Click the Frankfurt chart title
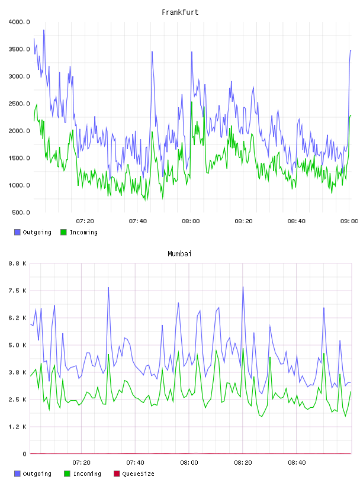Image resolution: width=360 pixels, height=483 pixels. click(180, 12)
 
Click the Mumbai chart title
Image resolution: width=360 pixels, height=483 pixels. click(179, 254)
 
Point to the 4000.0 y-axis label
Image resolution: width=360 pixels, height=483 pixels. click(19, 22)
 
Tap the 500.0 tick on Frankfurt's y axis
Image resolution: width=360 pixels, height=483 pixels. click(21, 212)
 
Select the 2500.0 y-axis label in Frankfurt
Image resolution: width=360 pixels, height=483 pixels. click(19, 104)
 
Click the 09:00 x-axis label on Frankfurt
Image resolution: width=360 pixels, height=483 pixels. click(349, 221)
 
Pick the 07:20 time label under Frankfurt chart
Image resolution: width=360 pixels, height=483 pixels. click(85, 221)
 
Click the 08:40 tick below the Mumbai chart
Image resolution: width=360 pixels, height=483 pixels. click(297, 463)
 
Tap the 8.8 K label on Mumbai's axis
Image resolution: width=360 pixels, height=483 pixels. click(18, 263)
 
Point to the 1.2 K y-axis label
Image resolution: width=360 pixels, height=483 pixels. click(18, 427)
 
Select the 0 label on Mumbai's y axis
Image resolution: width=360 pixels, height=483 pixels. click(25, 454)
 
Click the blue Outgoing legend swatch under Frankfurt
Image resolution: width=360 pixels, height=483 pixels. click(17, 232)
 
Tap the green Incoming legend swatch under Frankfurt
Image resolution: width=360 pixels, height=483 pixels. click(63, 232)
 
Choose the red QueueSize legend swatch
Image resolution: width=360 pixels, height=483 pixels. click(117, 474)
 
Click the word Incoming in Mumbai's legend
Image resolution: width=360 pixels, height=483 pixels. click(87, 474)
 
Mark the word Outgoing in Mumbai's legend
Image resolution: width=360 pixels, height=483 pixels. click(37, 474)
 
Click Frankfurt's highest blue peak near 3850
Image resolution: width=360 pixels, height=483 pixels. click(44, 30)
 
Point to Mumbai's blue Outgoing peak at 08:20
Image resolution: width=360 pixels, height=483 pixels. click(243, 287)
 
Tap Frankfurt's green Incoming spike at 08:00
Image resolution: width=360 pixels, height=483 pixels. click(191, 102)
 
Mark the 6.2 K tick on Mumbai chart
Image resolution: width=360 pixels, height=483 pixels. click(18, 318)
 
